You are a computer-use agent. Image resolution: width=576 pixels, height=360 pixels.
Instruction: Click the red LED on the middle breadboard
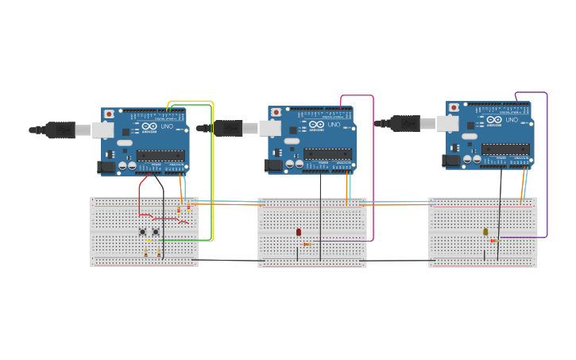point(299,232)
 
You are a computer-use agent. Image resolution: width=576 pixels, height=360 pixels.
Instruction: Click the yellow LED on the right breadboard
point(485,232)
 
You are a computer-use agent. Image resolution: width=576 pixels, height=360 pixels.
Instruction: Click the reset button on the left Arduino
point(108,114)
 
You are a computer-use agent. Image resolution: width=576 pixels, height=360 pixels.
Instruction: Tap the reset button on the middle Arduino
point(275,112)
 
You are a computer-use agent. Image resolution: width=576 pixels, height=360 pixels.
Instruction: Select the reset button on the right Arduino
point(453,106)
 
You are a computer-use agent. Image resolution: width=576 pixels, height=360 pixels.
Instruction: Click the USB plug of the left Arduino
point(60,130)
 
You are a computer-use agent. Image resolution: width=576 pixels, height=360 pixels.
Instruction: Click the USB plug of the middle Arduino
point(228,128)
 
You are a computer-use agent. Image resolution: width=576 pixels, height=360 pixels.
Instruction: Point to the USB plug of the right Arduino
point(405,122)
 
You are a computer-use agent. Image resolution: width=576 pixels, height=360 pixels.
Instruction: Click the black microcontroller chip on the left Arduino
point(160,155)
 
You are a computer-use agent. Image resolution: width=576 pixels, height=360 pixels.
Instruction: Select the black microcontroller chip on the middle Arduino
point(327,153)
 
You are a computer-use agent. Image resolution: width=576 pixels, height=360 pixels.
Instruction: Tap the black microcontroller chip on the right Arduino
point(505,149)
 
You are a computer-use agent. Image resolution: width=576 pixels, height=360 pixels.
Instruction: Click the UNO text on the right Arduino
point(512,120)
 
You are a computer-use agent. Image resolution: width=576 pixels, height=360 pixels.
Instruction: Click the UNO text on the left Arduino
point(168,126)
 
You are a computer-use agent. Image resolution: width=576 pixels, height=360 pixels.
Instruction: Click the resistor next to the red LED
point(307,244)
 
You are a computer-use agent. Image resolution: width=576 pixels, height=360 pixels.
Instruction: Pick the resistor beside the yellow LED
point(493,241)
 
